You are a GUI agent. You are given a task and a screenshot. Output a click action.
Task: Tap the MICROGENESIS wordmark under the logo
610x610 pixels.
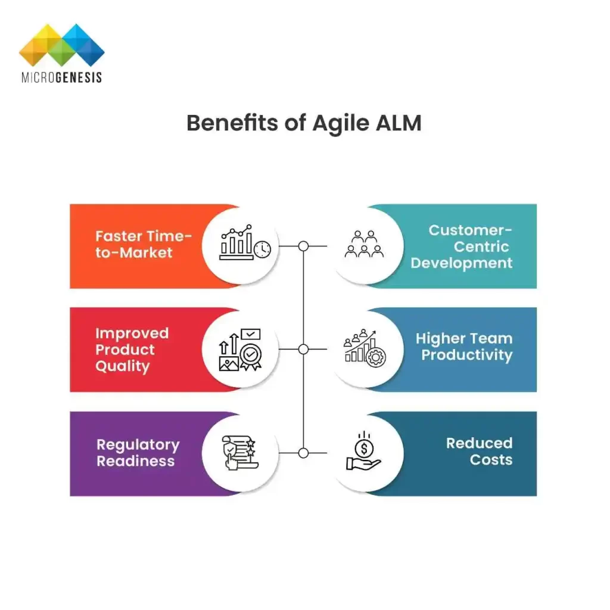pyautogui.click(x=61, y=77)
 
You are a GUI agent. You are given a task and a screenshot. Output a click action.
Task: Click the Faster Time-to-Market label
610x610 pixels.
pyautogui.click(x=143, y=244)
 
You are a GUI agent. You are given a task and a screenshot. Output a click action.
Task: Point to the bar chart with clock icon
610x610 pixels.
pyautogui.click(x=244, y=243)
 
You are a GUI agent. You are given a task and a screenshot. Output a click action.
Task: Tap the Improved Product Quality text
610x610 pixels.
pyautogui.click(x=132, y=350)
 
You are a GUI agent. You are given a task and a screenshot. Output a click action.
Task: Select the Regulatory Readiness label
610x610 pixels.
pyautogui.click(x=138, y=453)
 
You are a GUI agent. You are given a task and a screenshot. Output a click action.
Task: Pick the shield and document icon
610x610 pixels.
pyautogui.click(x=239, y=453)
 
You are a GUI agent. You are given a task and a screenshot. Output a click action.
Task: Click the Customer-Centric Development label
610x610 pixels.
pyautogui.click(x=462, y=247)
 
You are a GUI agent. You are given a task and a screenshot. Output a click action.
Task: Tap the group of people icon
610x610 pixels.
pyautogui.click(x=364, y=245)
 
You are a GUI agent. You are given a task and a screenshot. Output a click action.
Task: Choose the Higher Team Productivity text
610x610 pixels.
pyautogui.click(x=464, y=347)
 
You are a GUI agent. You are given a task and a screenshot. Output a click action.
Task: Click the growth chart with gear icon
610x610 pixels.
pyautogui.click(x=365, y=347)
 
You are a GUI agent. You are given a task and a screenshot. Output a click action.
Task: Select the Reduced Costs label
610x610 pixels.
pyautogui.click(x=480, y=451)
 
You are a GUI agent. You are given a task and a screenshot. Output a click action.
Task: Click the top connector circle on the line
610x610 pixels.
pyautogui.click(x=303, y=246)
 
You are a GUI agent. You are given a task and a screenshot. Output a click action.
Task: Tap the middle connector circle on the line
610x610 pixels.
pyautogui.click(x=303, y=350)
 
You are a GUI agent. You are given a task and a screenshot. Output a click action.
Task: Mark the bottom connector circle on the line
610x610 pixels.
pyautogui.click(x=303, y=453)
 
